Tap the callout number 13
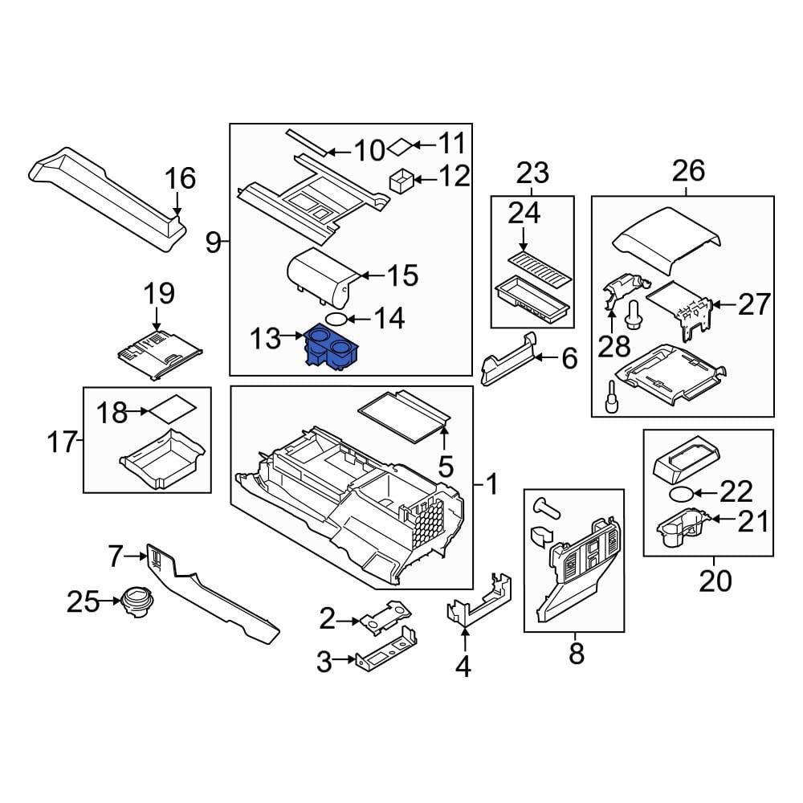coord(266,338)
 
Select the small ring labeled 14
coord(336,319)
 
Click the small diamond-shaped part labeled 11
coord(401,146)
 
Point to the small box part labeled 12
coord(401,180)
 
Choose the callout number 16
coord(180,178)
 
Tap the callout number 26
coord(688,170)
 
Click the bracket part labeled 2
coord(387,618)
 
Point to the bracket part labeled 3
coord(386,648)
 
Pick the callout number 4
coord(463,666)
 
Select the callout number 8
coord(577,654)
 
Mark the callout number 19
coord(159,293)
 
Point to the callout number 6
coord(569,358)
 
